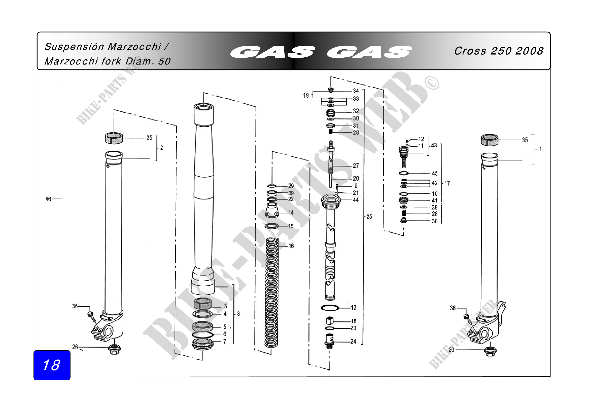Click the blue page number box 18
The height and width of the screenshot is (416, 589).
click(x=52, y=365)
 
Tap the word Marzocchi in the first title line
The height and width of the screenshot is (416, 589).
click(x=134, y=47)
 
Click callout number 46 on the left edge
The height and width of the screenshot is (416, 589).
click(x=48, y=199)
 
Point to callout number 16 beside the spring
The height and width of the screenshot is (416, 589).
click(x=291, y=246)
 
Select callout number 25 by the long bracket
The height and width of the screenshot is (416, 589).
click(x=369, y=217)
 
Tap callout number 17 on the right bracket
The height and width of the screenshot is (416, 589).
click(x=447, y=183)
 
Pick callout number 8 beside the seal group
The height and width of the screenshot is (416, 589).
click(x=238, y=314)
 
